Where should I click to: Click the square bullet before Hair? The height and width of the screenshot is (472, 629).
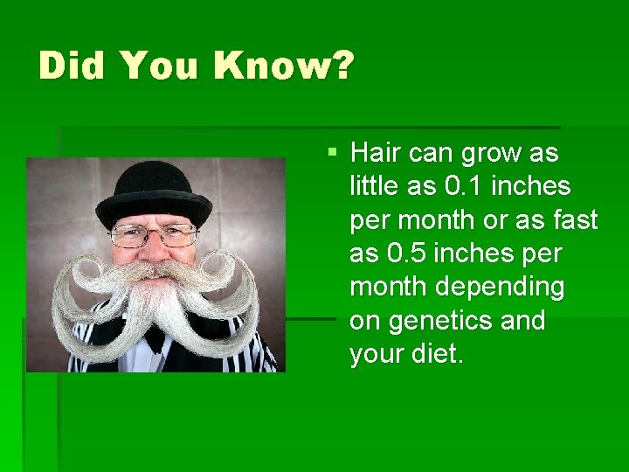click(332, 153)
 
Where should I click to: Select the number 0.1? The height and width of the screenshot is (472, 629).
click(464, 186)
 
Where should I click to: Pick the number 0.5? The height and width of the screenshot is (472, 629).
click(406, 253)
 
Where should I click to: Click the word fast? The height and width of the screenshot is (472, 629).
click(574, 219)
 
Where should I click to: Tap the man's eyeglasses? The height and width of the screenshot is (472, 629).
click(154, 234)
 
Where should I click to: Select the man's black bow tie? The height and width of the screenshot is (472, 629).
click(156, 337)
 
